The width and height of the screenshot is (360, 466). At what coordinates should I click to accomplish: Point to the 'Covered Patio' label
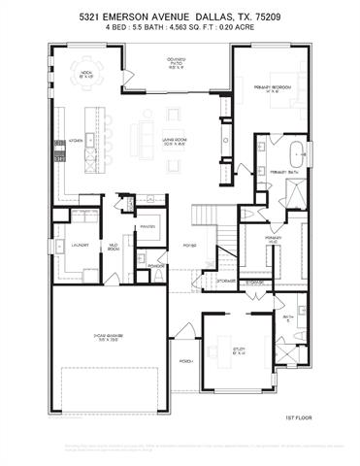tap(176, 65)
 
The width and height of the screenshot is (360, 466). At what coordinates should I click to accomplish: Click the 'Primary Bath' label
tap(284, 172)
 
